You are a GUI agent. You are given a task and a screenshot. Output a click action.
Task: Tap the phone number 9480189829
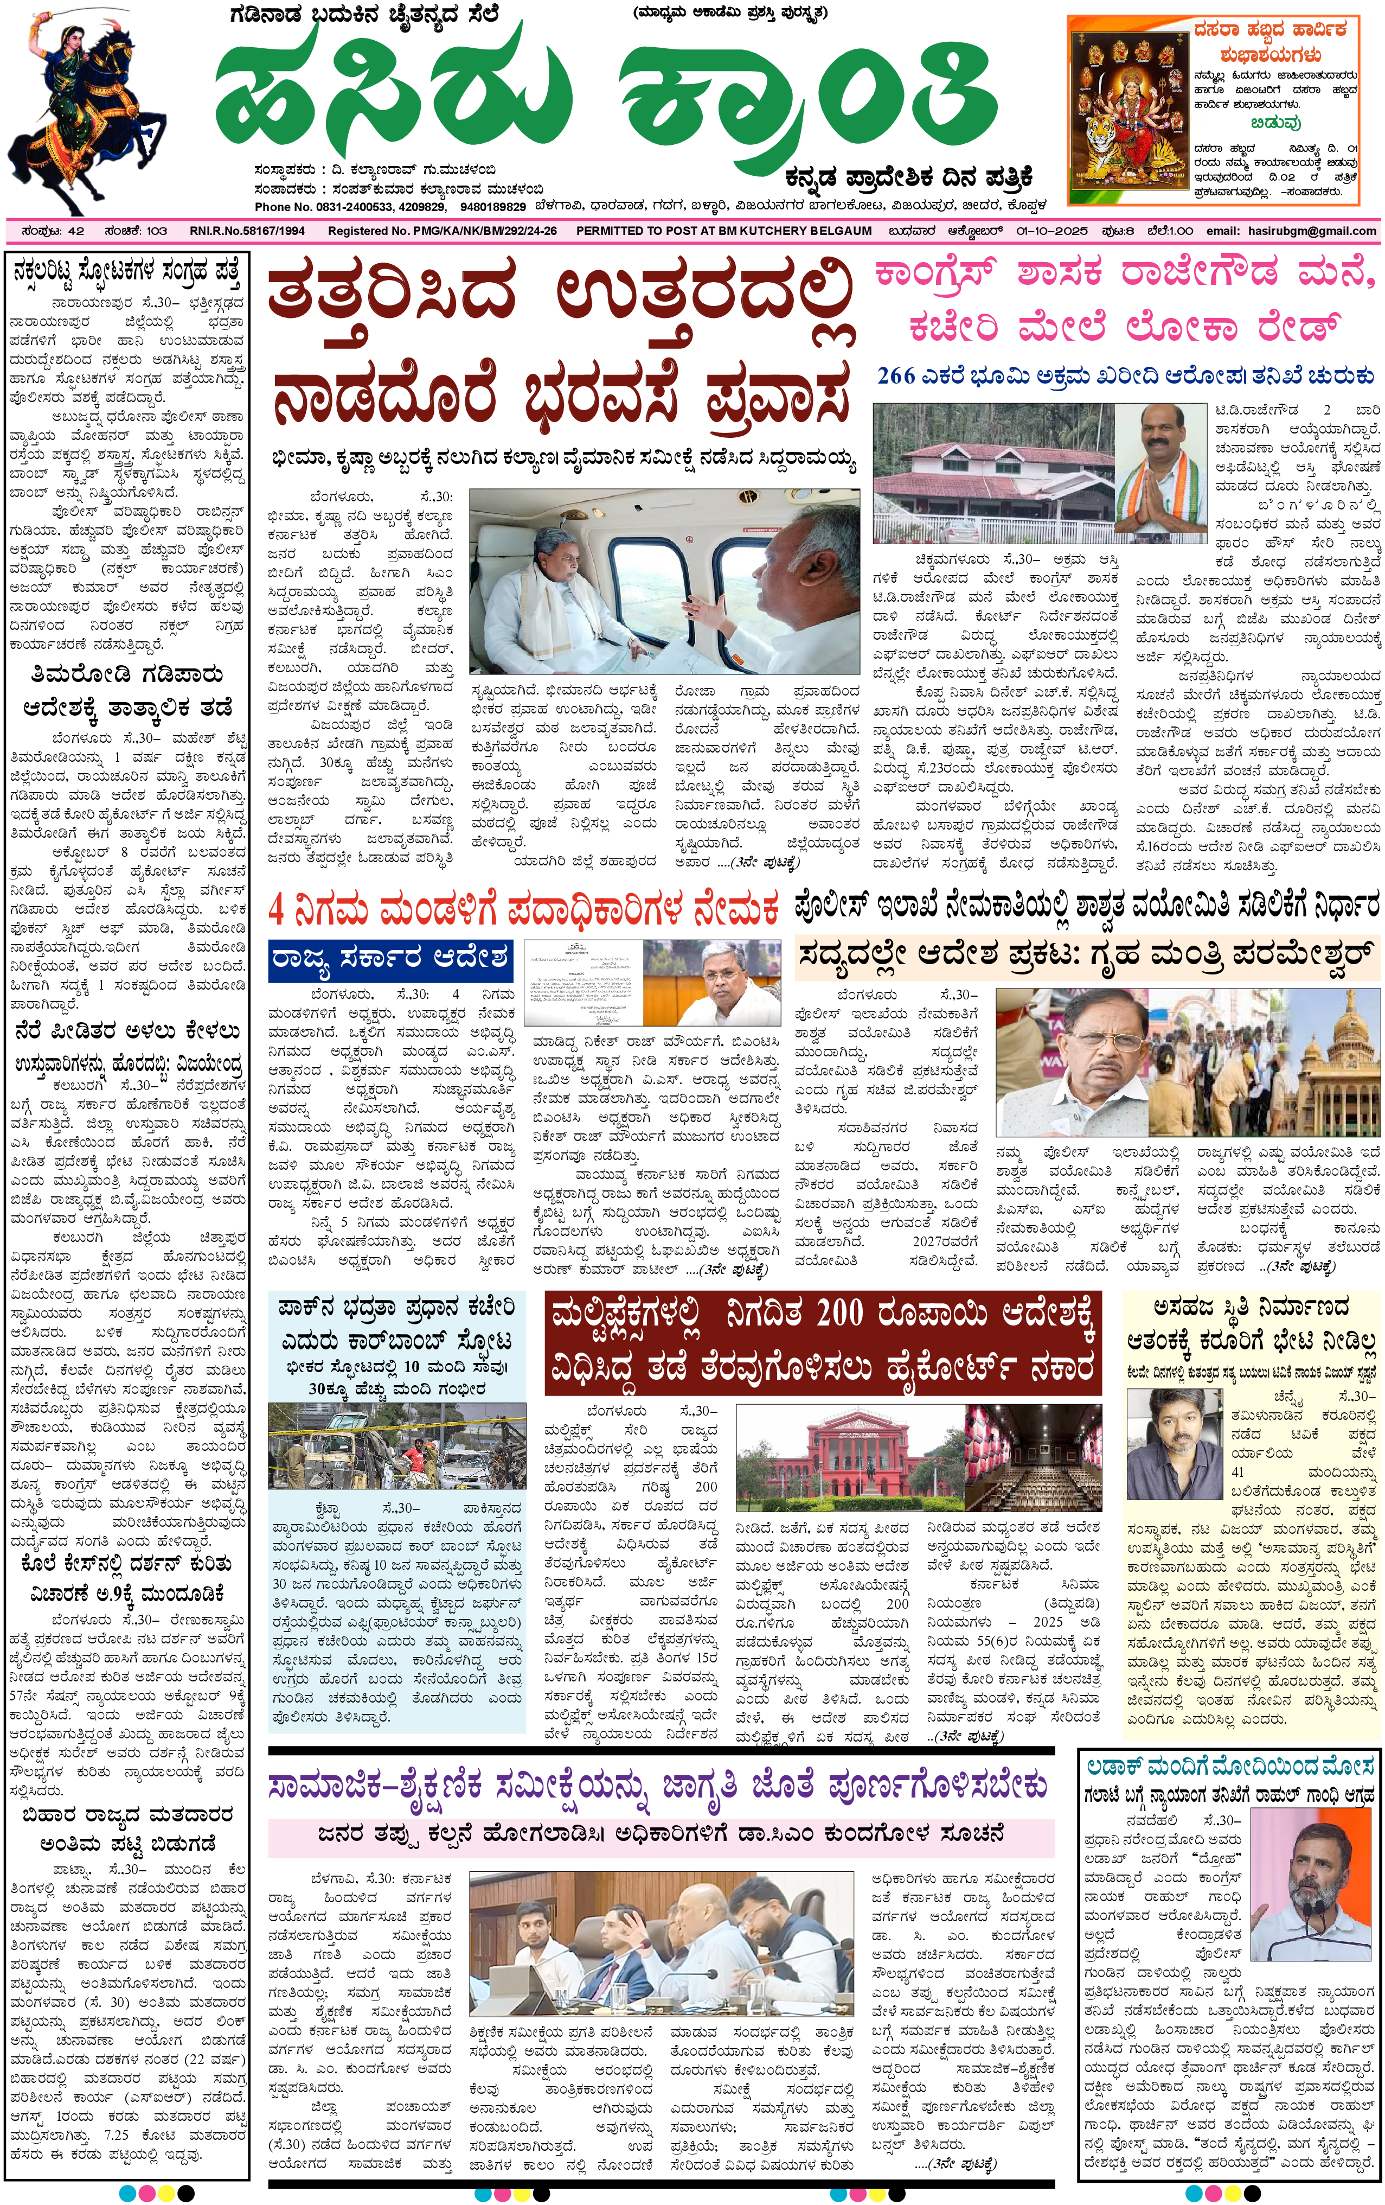tap(492, 207)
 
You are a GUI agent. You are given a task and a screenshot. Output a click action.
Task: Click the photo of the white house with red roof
tap(1002, 474)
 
